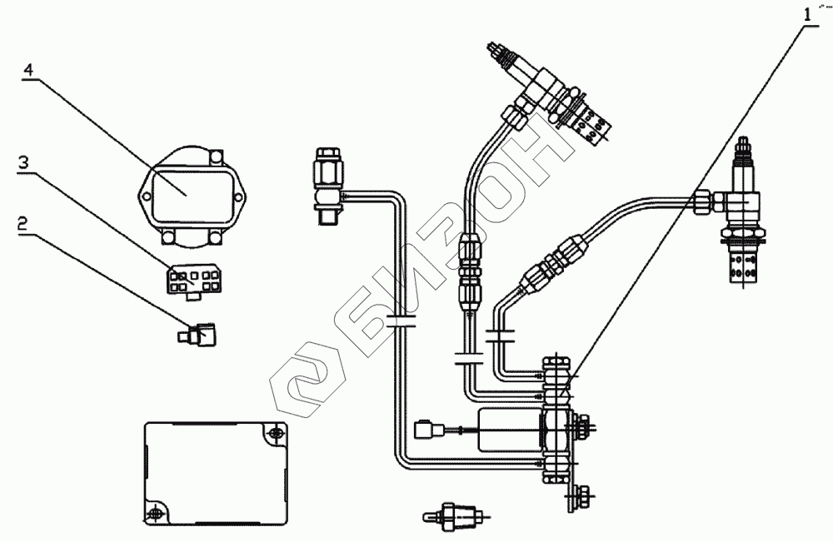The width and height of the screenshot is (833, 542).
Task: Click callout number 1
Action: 806,13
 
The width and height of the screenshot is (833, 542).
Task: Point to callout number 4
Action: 28,72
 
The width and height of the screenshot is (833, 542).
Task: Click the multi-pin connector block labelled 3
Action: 192,280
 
